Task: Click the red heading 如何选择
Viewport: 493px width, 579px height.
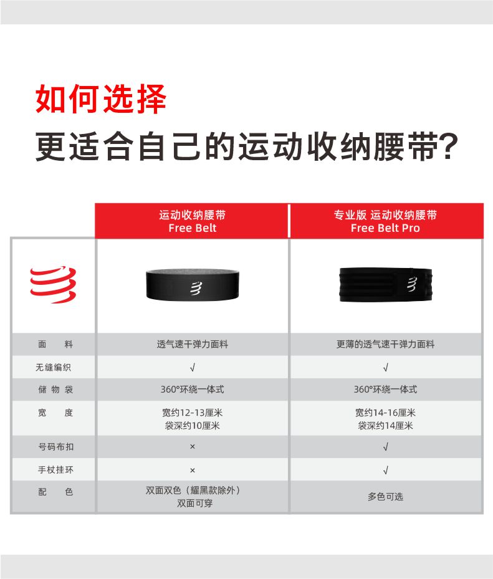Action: tap(101, 98)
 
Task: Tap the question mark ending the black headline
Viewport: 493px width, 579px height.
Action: tap(450, 146)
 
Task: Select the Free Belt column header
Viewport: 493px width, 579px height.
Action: tap(192, 221)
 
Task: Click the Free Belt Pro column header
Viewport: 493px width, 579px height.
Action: tap(386, 221)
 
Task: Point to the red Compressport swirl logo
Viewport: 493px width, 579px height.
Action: tap(53, 284)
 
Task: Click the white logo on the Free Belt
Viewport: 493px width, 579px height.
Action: tap(196, 288)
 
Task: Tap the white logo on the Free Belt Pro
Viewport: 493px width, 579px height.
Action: tap(412, 284)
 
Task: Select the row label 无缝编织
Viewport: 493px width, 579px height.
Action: tap(53, 367)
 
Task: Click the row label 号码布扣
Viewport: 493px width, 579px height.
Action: tap(55, 447)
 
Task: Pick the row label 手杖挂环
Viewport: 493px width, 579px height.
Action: tap(55, 470)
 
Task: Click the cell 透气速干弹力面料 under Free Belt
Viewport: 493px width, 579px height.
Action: tap(193, 344)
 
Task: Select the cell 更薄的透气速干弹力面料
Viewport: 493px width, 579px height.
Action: tap(386, 344)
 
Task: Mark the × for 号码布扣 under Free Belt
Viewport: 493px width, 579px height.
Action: tap(193, 447)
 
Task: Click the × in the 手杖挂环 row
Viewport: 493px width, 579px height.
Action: tap(193, 470)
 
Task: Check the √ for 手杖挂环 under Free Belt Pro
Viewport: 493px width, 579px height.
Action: tap(386, 470)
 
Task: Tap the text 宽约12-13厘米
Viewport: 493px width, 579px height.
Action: tap(193, 413)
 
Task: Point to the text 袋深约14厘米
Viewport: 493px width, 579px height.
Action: tap(386, 426)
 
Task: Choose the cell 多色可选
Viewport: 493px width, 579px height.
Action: tap(386, 497)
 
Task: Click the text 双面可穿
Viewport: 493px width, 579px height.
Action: tap(194, 504)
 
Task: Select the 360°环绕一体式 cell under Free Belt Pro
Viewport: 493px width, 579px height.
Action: tap(386, 389)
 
